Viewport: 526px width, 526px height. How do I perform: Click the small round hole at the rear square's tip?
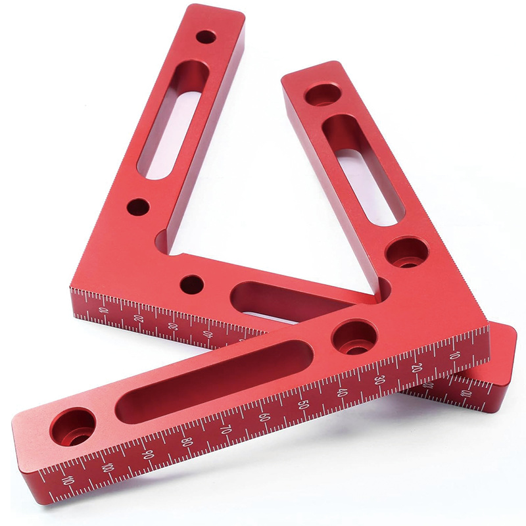(206, 37)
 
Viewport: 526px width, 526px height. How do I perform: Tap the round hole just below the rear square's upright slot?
(137, 208)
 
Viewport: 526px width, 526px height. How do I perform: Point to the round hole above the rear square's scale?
(191, 284)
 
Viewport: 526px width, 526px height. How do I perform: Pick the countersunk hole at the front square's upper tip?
(322, 95)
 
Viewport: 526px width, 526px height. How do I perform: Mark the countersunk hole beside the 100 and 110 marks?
(72, 426)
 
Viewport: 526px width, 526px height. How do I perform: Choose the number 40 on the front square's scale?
(341, 393)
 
